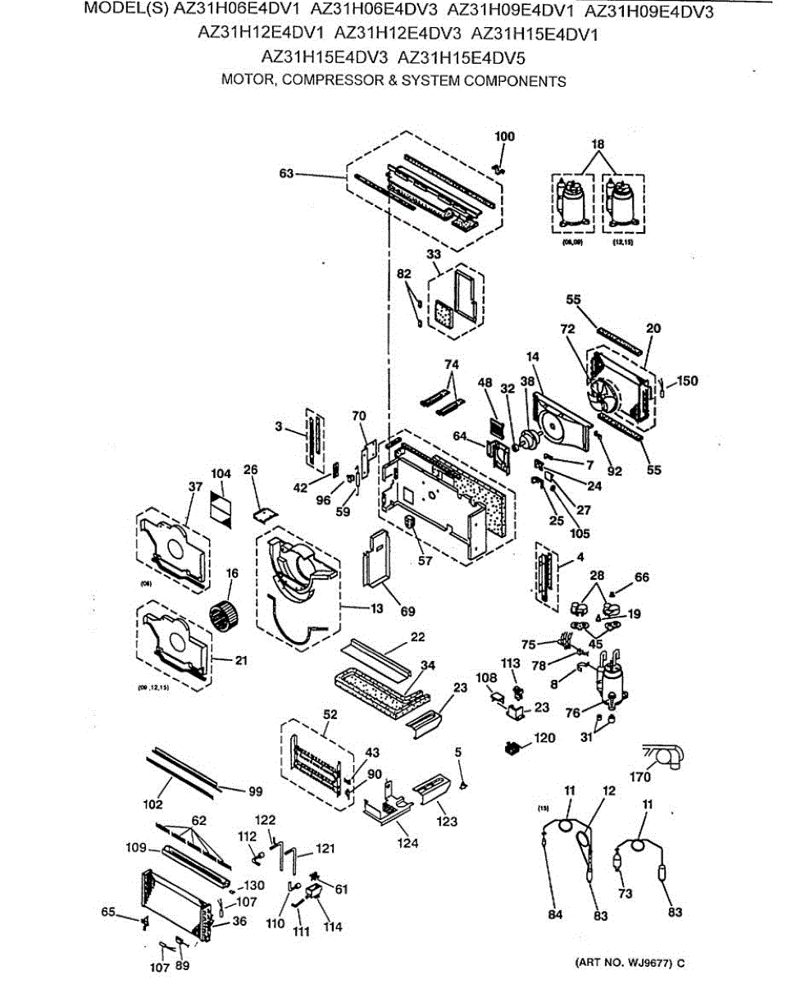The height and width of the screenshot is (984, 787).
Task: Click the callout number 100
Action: (x=505, y=136)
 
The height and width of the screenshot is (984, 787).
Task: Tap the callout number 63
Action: (x=286, y=173)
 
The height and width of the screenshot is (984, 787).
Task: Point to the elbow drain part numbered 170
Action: (x=670, y=756)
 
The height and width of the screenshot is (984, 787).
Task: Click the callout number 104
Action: (x=221, y=474)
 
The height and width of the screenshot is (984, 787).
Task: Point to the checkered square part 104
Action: (x=222, y=503)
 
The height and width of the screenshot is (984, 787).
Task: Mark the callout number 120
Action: (x=544, y=738)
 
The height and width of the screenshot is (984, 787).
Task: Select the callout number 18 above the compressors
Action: (x=598, y=144)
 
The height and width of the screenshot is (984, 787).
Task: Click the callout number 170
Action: (x=639, y=777)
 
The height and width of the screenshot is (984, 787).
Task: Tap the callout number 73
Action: (x=626, y=893)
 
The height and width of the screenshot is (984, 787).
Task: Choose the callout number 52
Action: (x=330, y=713)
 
